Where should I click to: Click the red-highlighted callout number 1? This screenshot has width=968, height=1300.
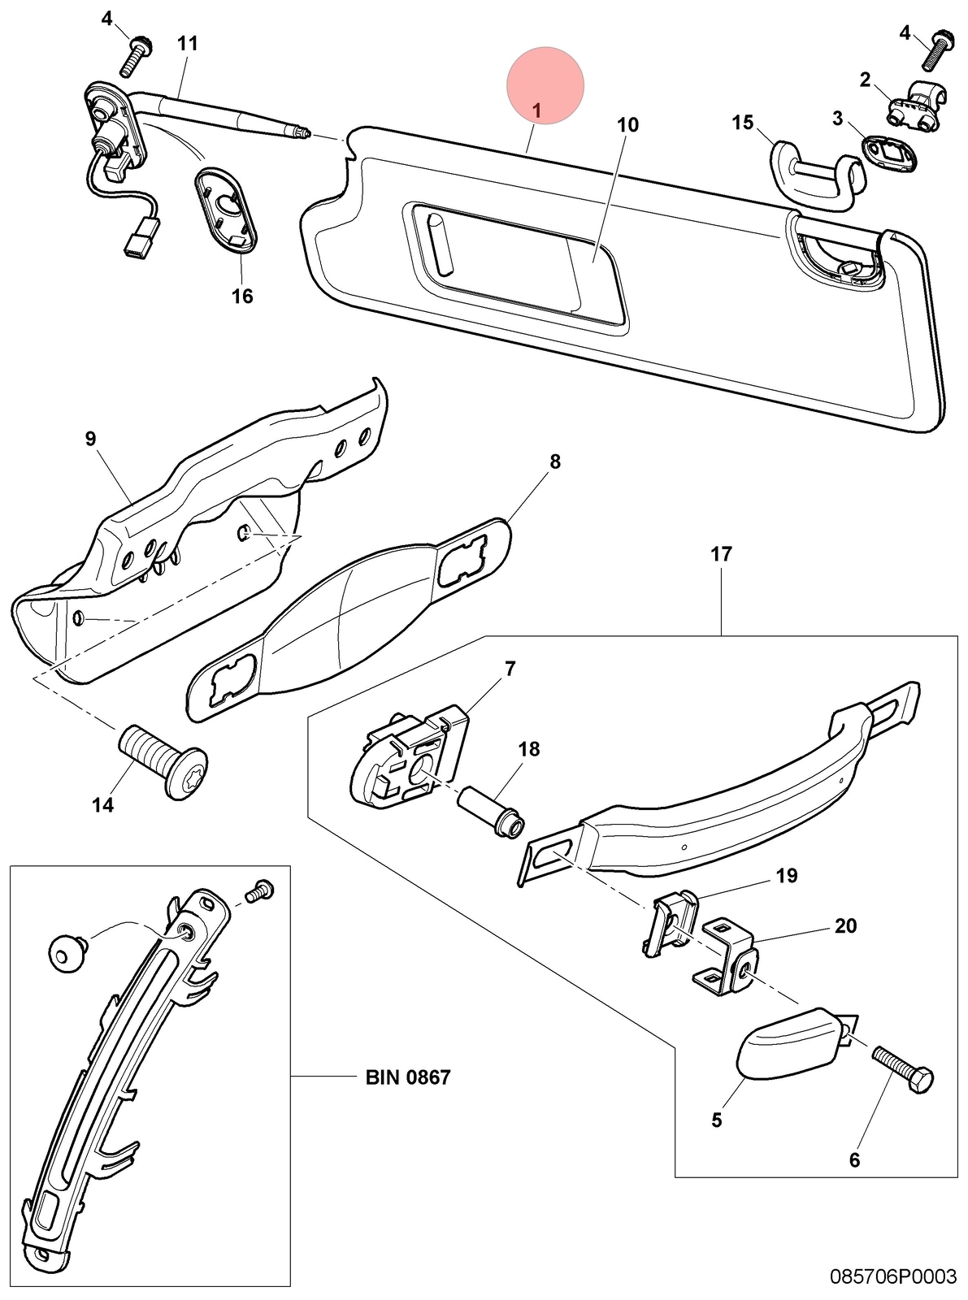click(x=536, y=110)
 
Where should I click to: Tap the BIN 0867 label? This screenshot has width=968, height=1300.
click(x=407, y=1077)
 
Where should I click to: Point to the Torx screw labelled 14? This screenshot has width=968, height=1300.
click(x=163, y=761)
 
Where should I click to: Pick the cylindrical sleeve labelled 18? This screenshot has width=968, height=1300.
click(x=491, y=812)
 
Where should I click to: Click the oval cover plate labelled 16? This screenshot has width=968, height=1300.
click(x=226, y=210)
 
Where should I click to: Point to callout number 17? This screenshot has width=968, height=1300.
click(x=721, y=554)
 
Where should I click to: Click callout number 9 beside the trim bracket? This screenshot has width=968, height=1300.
click(x=90, y=439)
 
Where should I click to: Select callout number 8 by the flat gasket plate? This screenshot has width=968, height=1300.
click(x=554, y=461)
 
